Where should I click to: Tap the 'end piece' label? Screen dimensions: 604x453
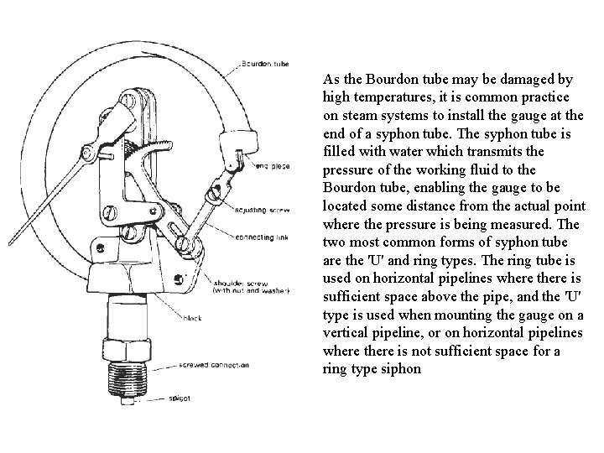coord(273,166)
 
